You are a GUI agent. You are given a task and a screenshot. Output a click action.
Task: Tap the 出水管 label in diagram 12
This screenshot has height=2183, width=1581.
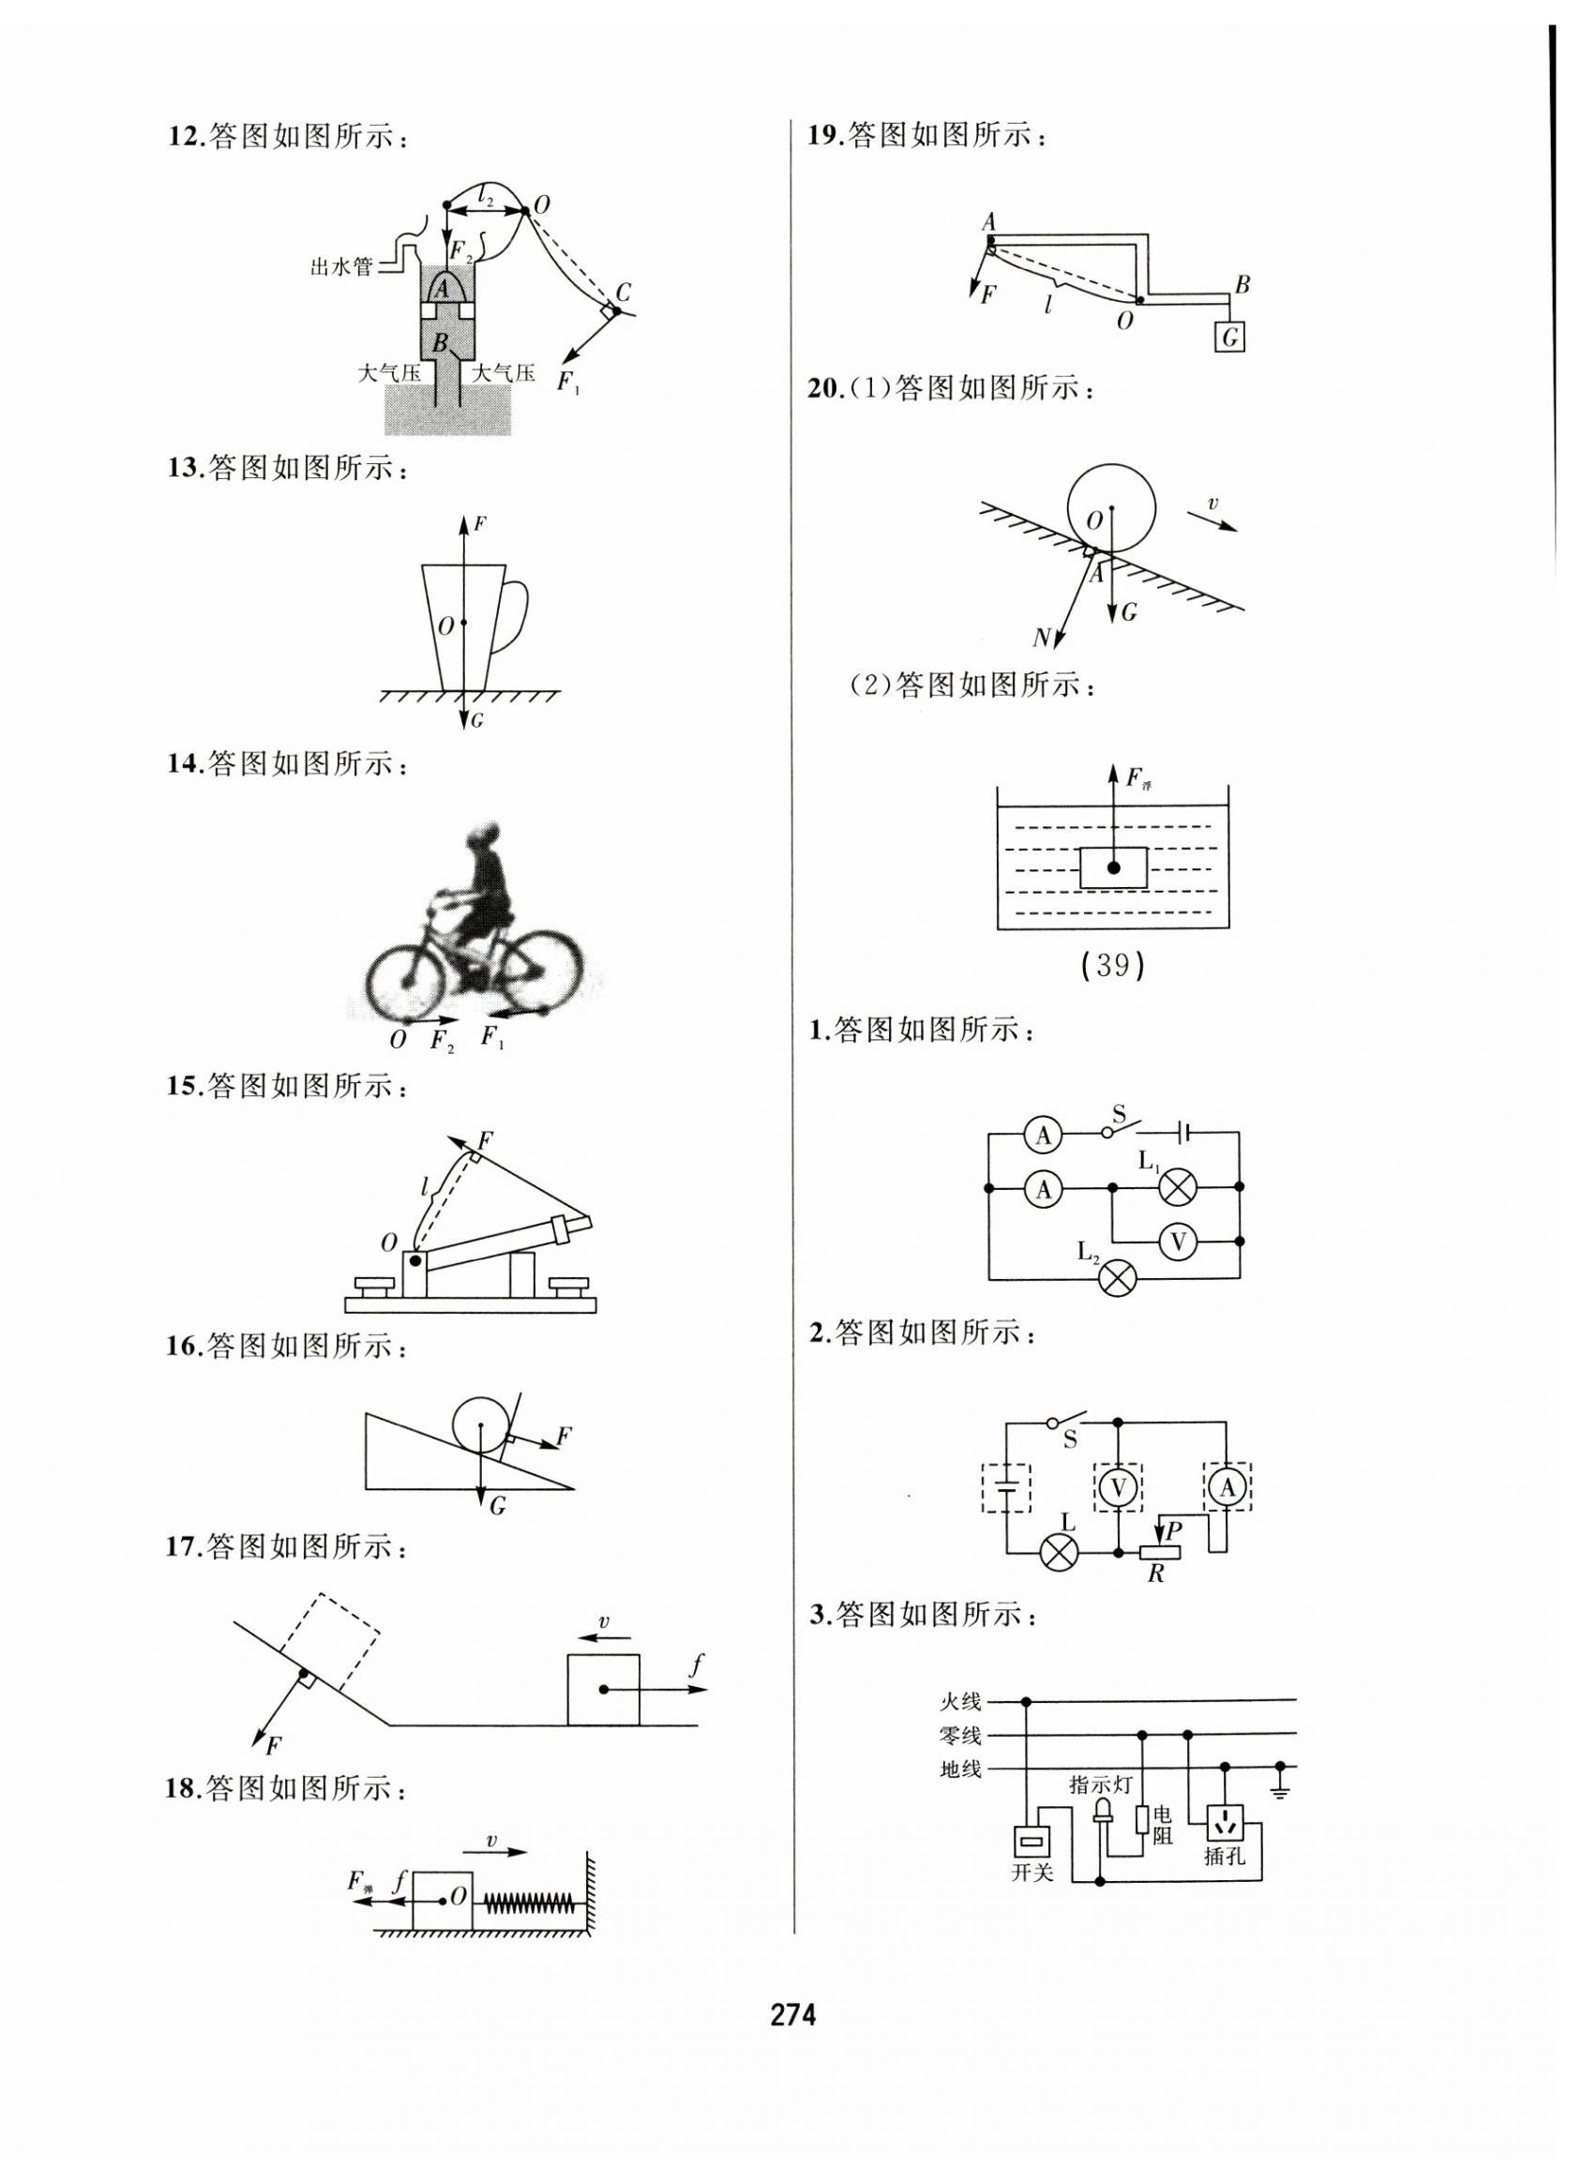tap(340, 266)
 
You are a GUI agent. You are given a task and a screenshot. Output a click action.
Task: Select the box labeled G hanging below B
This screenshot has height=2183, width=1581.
tap(1229, 337)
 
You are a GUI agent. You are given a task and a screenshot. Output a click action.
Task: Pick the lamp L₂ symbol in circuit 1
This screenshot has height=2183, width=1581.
tap(1118, 1277)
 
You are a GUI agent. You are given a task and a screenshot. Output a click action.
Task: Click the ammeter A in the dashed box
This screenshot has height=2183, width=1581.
tap(1227, 1489)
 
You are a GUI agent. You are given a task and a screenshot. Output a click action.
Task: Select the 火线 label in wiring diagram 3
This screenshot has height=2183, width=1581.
tap(960, 1702)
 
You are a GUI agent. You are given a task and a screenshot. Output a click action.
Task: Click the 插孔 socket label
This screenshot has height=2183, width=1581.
tap(1225, 1857)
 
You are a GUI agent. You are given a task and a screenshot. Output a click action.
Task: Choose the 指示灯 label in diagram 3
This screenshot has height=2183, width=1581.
tap(1101, 1784)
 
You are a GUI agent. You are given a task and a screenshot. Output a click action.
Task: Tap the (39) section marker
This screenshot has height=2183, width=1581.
tap(1112, 965)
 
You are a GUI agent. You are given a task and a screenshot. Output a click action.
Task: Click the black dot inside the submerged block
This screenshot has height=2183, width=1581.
tap(1113, 867)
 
